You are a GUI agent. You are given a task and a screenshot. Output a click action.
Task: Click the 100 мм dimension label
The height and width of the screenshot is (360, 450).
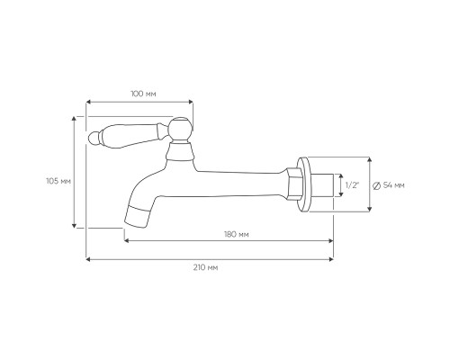[143, 94]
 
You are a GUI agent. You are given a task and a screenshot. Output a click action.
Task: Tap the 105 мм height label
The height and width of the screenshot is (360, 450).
[58, 182]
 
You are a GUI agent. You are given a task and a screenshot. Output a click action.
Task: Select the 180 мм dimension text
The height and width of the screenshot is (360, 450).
[237, 234]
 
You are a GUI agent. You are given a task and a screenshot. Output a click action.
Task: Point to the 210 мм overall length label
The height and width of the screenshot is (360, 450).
[205, 267]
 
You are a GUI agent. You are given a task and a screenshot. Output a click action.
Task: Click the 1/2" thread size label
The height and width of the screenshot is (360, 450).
[352, 185]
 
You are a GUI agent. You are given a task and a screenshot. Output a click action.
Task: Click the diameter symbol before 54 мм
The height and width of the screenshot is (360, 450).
[376, 185]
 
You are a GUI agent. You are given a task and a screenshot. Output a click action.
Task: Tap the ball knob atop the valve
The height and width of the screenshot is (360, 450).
[180, 129]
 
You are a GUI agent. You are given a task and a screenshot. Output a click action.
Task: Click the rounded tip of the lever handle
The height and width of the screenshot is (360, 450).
[94, 138]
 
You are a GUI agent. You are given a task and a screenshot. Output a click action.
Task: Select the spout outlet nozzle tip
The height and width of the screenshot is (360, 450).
[137, 217]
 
